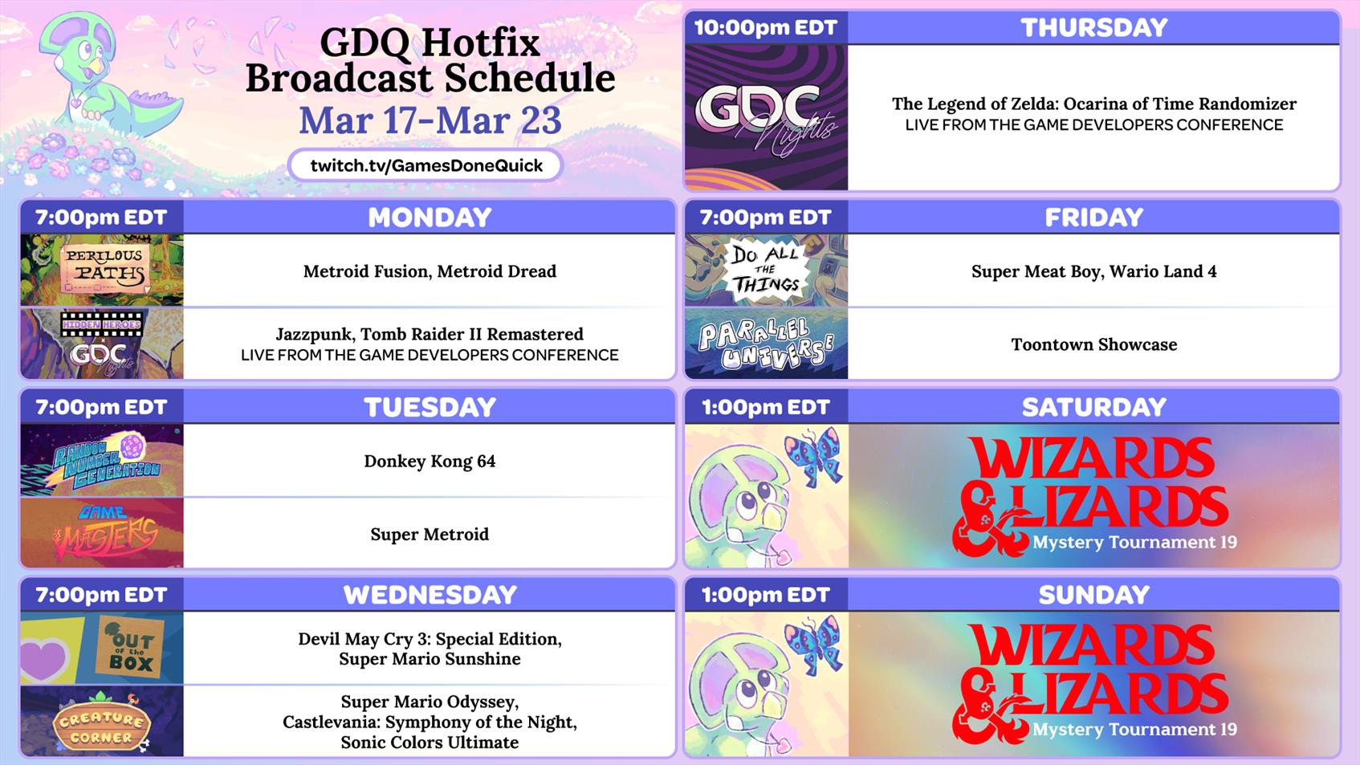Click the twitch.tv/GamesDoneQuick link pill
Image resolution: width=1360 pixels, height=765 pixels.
425,165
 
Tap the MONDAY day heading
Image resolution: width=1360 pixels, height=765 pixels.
430,218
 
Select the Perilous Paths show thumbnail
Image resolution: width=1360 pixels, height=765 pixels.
102,271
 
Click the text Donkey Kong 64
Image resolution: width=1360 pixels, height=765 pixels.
430,462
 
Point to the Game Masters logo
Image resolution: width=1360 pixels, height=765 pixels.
102,532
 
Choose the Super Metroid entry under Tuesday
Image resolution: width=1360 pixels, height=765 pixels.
430,535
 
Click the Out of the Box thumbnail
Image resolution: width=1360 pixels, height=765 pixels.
102,648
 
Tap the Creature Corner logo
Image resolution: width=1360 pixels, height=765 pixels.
102,726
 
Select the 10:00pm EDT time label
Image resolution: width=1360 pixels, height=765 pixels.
766,28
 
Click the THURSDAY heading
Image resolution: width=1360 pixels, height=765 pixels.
1094,28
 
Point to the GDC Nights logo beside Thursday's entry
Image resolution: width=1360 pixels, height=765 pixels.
766,117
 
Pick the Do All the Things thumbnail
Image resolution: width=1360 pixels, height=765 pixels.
766,271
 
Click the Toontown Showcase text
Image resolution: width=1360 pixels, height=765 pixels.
1094,345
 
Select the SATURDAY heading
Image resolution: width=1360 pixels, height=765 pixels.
1094,407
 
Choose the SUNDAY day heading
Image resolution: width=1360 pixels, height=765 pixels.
1094,595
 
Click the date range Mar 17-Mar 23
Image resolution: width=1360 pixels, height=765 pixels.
430,120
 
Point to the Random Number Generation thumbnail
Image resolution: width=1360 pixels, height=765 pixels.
102,460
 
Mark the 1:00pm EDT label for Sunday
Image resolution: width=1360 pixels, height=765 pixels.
766,595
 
